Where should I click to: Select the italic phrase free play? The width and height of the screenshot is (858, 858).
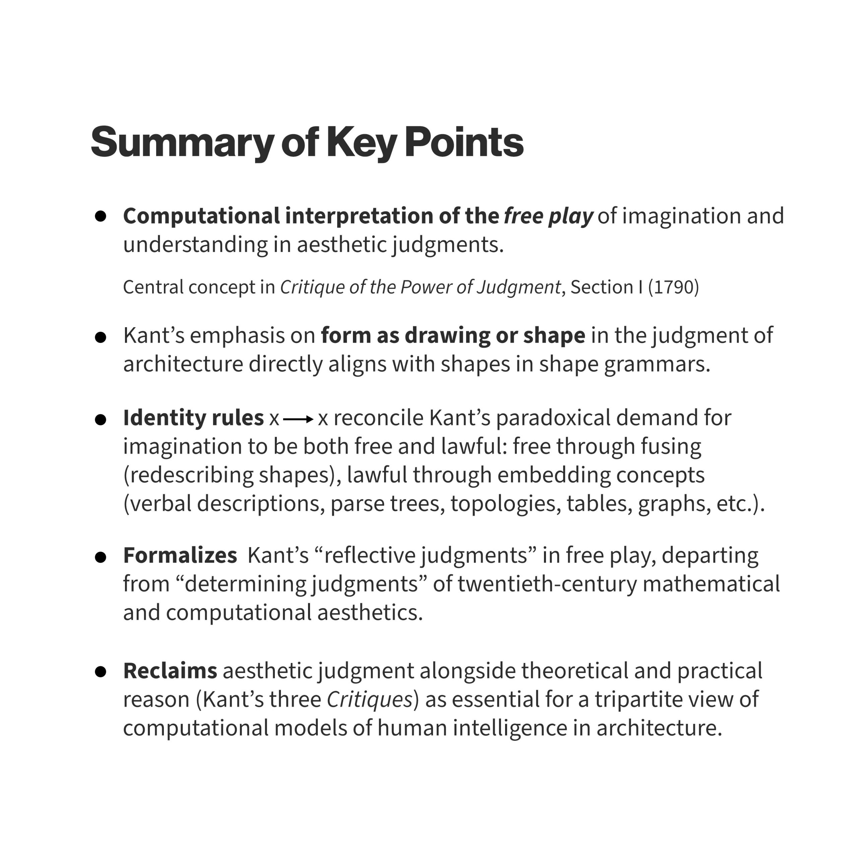click(548, 216)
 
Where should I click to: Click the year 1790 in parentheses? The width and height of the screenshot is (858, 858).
click(673, 287)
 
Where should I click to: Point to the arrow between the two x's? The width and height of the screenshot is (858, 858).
click(298, 419)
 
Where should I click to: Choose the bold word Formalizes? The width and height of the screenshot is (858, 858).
click(180, 556)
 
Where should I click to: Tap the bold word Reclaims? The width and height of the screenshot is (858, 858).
click(170, 671)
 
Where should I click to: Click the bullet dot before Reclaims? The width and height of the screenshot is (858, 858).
click(101, 672)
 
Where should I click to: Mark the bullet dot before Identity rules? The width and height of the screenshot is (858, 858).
click(101, 420)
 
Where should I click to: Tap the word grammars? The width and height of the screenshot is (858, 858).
click(657, 364)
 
